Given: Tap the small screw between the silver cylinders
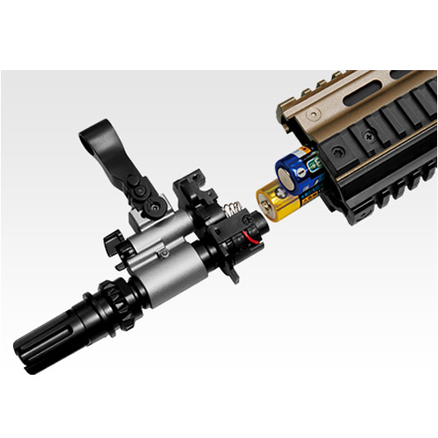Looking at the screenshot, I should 163,253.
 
